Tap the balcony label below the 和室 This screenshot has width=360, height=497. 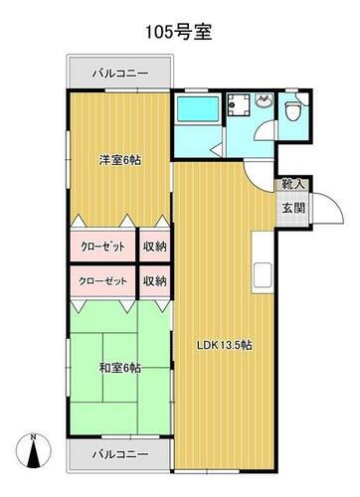tap(120, 454)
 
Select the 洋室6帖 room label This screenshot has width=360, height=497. tap(118, 158)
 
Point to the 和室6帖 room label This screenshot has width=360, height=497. tap(118, 367)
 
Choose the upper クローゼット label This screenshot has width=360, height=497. tap(102, 247)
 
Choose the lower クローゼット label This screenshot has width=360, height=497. tap(102, 281)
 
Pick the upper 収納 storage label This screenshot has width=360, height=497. tap(153, 247)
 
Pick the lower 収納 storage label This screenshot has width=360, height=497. tap(153, 281)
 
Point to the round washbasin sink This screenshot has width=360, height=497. tap(264, 102)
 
